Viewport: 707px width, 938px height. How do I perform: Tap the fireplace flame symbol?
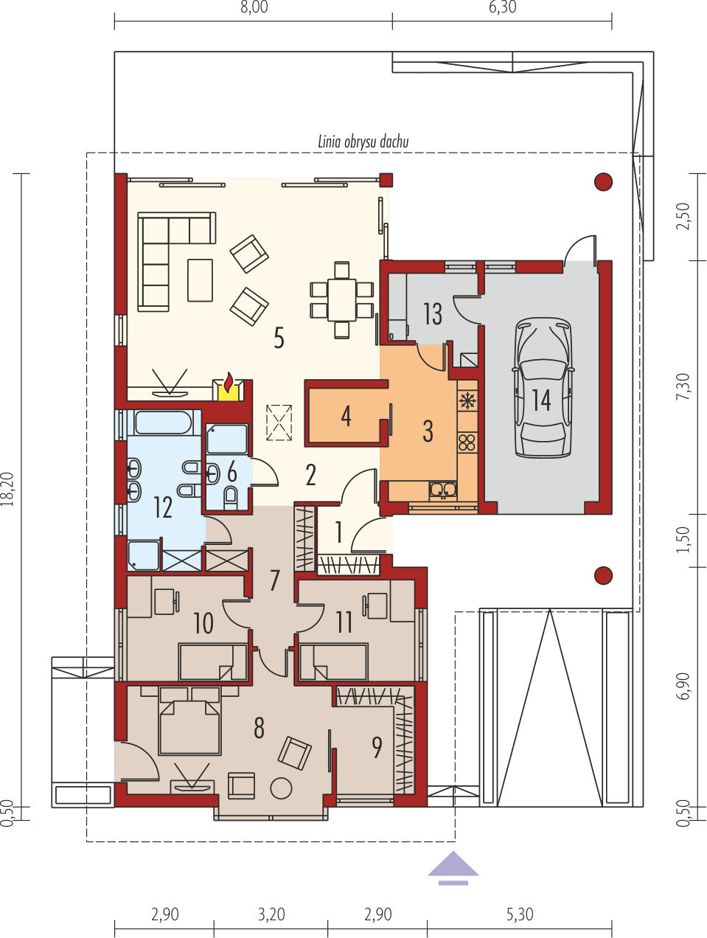[x=229, y=383]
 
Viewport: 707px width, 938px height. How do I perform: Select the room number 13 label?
[x=433, y=314]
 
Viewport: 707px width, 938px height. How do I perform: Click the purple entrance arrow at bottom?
[x=453, y=867]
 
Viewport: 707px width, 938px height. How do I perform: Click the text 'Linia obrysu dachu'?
[x=363, y=142]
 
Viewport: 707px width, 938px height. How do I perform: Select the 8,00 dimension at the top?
[x=254, y=8]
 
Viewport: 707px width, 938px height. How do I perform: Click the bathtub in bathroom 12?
[x=164, y=423]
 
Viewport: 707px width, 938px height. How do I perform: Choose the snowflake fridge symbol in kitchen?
[x=467, y=401]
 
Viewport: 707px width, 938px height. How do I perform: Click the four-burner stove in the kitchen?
[x=467, y=442]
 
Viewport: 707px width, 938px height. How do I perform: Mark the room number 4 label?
[x=346, y=416]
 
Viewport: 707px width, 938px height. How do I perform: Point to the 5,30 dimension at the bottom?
[x=519, y=915]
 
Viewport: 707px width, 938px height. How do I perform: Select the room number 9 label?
[x=377, y=748]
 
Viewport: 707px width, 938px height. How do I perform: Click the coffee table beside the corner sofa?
[x=200, y=279]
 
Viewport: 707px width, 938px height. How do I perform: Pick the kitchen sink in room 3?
[x=444, y=488]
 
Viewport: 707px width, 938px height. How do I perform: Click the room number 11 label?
[x=344, y=622]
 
